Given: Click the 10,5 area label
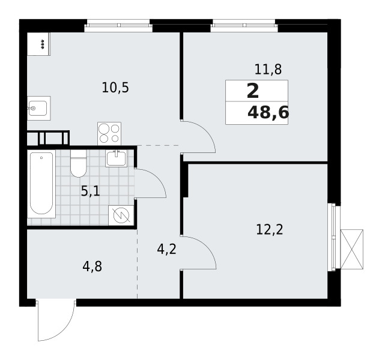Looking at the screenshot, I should click(x=115, y=88).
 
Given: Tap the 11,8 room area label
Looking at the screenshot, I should click(x=268, y=70).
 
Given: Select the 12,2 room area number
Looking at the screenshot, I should click(x=268, y=229).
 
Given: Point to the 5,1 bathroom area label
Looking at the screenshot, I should click(x=91, y=191).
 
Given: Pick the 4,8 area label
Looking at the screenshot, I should click(x=92, y=265).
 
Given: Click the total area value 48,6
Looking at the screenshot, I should click(x=267, y=112).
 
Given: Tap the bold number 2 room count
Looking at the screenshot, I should click(x=253, y=91).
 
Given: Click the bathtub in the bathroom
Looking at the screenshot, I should click(x=42, y=184).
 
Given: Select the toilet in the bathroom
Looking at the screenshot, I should click(x=79, y=166).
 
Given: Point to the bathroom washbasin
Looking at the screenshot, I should click(x=116, y=158).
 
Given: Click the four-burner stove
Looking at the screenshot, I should click(x=109, y=133).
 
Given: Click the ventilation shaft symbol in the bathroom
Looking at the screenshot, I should click(x=121, y=215).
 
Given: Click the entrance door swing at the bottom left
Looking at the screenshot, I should click(x=55, y=320).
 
